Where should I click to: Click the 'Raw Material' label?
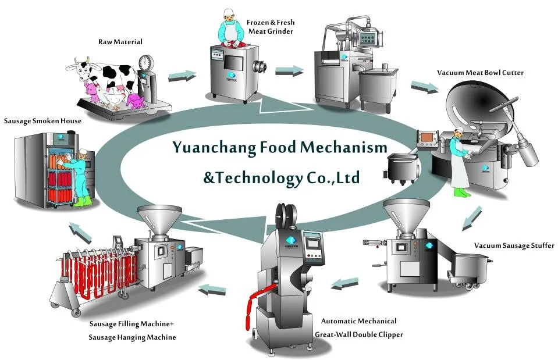click(120, 42)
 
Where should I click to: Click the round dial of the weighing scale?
click(144, 62)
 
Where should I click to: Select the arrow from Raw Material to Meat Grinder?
click(182, 76)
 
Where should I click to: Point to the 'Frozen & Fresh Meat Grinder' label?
click(271, 27)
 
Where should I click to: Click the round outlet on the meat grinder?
click(260, 66)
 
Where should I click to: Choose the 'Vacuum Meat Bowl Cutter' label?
click(480, 73)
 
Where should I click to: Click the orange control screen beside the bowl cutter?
click(428, 138)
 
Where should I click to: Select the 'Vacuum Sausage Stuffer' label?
click(514, 245)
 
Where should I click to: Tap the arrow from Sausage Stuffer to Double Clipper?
click(344, 283)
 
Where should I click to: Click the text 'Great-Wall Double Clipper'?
click(358, 335)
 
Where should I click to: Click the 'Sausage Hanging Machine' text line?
click(132, 337)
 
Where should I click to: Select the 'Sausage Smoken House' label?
click(42, 121)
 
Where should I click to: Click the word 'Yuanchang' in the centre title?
click(214, 148)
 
